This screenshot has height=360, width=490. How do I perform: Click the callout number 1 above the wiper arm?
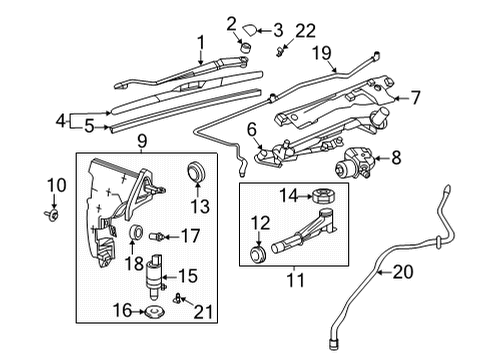click(x=200, y=42)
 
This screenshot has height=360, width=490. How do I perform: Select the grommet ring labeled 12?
click(x=258, y=256)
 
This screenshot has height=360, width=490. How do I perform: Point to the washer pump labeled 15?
click(x=157, y=277)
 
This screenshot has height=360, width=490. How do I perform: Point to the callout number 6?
click(x=251, y=129)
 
